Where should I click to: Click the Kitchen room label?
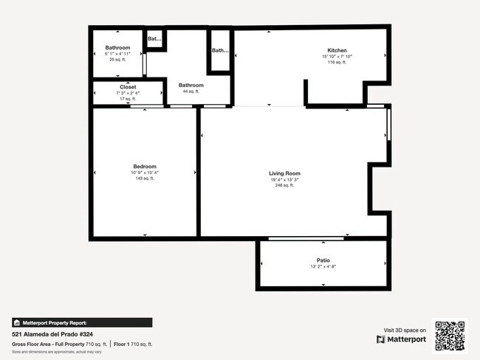[332, 51]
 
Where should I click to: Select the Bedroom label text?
[145, 167]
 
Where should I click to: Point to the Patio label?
[323, 260]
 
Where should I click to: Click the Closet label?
[128, 87]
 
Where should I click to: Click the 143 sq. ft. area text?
[145, 179]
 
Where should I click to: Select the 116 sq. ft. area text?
[332, 63]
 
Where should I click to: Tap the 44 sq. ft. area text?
[191, 91]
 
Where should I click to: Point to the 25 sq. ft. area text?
[117, 60]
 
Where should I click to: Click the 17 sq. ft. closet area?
[128, 99]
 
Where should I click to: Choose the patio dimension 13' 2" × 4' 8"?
[323, 267]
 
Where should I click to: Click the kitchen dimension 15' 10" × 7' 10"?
[332, 57]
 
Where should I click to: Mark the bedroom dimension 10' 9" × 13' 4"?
[145, 173]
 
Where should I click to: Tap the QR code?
[450, 335]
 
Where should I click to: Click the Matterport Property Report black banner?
[82, 322]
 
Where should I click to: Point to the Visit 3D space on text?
[405, 330]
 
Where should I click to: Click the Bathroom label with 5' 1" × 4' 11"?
[117, 48]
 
